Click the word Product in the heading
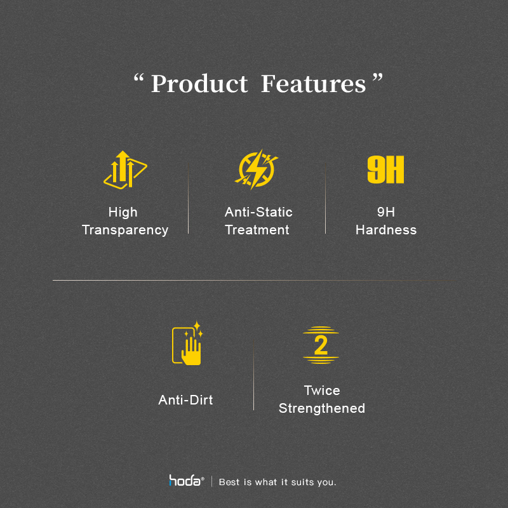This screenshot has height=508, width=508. pyautogui.click(x=199, y=84)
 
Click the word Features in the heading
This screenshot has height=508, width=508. pyautogui.click(x=313, y=84)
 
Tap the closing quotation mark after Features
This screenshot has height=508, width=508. pyautogui.click(x=377, y=77)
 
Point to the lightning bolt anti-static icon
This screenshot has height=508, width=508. pyautogui.click(x=256, y=169)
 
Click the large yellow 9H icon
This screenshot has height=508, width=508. pyautogui.click(x=385, y=170)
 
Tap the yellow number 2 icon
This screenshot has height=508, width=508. pyautogui.click(x=321, y=345)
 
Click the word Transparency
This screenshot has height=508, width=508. pyautogui.click(x=125, y=230)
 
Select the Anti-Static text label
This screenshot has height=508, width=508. pyautogui.click(x=258, y=212)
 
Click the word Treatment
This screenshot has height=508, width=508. pyautogui.click(x=257, y=230)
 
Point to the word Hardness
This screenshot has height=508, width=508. pyautogui.click(x=386, y=230)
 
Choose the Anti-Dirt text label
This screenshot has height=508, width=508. pyautogui.click(x=185, y=400)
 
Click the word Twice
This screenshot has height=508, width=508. pyautogui.click(x=322, y=391)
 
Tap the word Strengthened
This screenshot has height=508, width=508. pyautogui.click(x=322, y=408)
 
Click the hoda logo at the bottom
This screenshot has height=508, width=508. pyautogui.click(x=186, y=481)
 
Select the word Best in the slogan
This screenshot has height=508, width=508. pyautogui.click(x=229, y=482)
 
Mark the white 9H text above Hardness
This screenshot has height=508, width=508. pyautogui.click(x=386, y=212)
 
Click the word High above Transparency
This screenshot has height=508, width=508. pyautogui.click(x=123, y=213)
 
